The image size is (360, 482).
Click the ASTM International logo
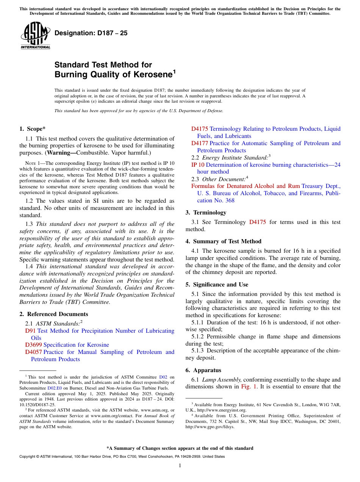pos(35,36)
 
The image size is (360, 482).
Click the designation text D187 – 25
pos(91,33)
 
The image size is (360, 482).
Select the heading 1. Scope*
pos(33,129)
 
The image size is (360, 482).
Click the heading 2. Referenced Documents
pos(53,314)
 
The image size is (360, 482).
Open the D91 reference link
pos(30,331)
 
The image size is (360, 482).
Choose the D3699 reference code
pos(33,345)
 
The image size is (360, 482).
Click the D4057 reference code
pos(33,352)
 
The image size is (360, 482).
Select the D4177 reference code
pos(200,143)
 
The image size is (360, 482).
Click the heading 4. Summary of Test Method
pos(223,241)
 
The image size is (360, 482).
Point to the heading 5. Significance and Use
pos(217,285)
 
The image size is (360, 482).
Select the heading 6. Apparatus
pos(203,370)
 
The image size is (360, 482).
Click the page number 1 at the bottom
pos(180,465)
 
